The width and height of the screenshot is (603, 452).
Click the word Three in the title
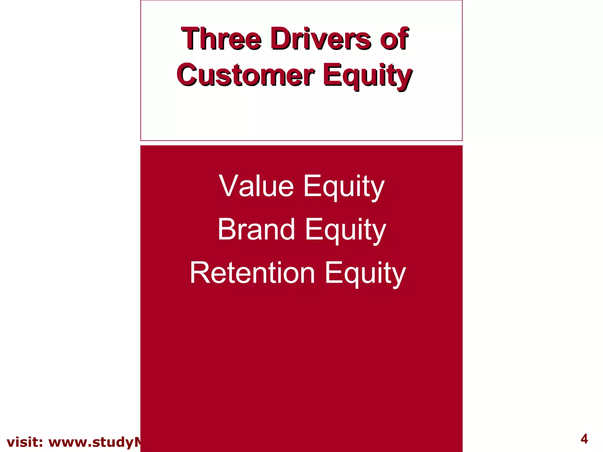(221, 39)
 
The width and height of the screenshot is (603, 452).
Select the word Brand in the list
(256, 229)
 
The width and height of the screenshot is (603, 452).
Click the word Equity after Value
(344, 187)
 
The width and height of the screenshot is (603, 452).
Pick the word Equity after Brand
(345, 230)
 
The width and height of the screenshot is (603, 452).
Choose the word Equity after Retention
(365, 274)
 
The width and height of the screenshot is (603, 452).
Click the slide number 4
(584, 439)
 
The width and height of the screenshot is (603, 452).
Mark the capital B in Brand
(227, 229)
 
